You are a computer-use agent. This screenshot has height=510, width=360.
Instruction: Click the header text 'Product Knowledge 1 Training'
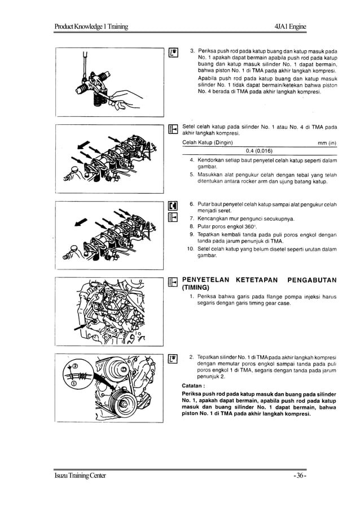(x=91, y=27)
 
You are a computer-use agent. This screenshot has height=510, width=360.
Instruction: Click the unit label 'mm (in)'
(x=327, y=143)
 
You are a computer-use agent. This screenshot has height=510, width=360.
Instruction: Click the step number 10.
(x=190, y=249)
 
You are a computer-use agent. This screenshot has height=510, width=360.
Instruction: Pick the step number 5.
(x=192, y=175)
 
